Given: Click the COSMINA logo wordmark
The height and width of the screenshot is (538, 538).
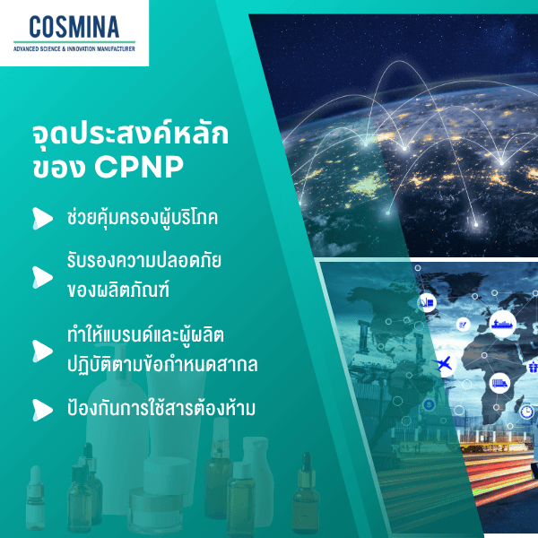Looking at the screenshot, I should (x=74, y=26).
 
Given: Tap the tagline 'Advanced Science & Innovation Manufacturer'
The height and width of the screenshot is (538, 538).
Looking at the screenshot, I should (x=74, y=49).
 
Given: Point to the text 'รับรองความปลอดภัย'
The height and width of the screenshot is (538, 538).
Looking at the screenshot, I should (x=144, y=260).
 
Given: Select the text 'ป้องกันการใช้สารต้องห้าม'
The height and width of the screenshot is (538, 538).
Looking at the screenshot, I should (x=161, y=409).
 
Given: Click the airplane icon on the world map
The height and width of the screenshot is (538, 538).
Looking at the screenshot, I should (x=442, y=363).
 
